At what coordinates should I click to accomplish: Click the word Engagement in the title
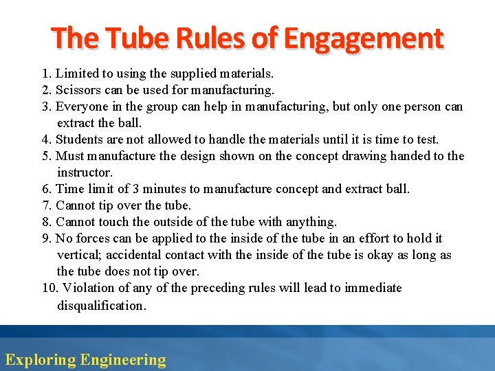(364, 38)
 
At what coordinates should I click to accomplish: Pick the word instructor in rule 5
(85, 172)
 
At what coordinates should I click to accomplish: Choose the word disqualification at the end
(102, 306)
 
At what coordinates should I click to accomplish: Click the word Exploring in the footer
(40, 359)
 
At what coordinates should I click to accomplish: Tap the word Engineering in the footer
(123, 359)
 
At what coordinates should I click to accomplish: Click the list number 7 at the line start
(47, 205)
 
